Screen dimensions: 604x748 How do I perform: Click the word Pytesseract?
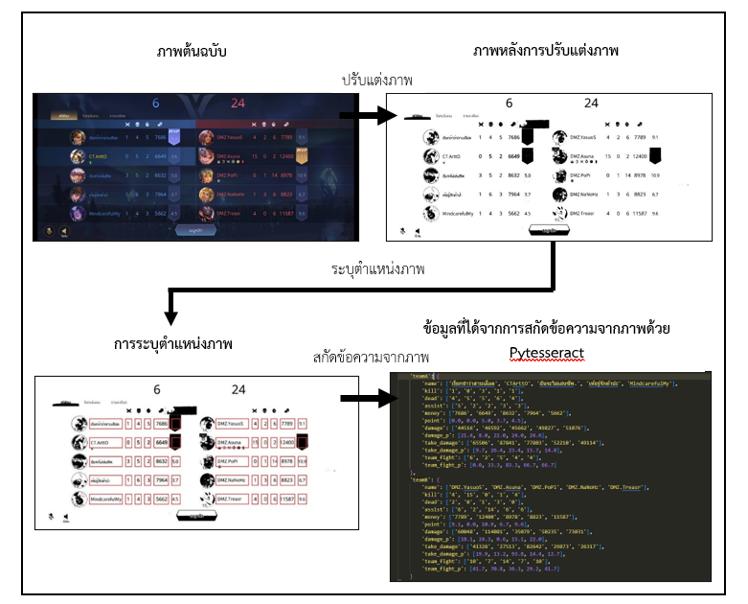pyautogui.click(x=546, y=352)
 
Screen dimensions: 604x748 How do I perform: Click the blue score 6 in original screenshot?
pyautogui.click(x=154, y=104)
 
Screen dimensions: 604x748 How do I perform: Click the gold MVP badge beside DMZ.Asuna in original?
pyautogui.click(x=302, y=155)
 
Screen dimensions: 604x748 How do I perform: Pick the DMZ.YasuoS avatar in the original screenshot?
pyautogui.click(x=207, y=136)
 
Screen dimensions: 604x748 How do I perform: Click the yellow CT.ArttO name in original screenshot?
pyautogui.click(x=100, y=154)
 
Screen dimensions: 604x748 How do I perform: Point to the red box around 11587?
pyautogui.click(x=284, y=499)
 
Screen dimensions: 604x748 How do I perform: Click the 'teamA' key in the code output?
pyautogui.click(x=419, y=376)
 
